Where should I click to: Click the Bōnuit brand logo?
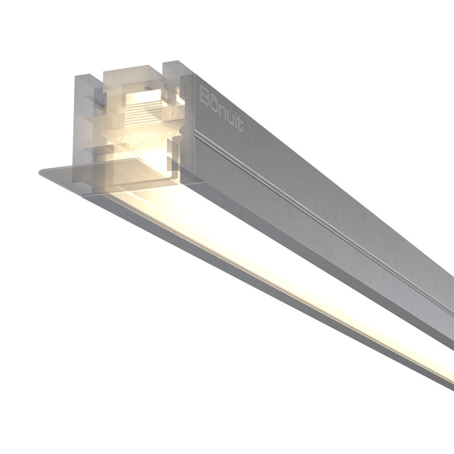click(x=221, y=107)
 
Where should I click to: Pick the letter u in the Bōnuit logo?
click(x=228, y=113)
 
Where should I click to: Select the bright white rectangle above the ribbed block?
click(x=144, y=98)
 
